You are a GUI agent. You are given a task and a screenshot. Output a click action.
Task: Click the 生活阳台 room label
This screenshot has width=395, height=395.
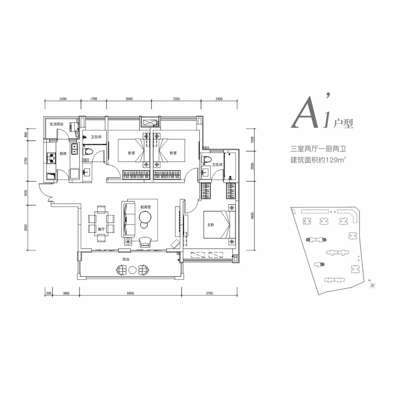(x=56, y=124)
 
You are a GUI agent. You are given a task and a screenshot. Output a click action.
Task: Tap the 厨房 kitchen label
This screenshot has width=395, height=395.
(x=63, y=153)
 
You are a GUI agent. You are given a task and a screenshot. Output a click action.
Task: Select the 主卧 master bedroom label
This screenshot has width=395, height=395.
(x=210, y=225)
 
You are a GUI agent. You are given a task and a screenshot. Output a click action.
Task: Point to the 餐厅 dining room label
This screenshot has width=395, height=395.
(x=101, y=229)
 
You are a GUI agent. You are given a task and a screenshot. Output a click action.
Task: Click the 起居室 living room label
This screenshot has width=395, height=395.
(x=146, y=207)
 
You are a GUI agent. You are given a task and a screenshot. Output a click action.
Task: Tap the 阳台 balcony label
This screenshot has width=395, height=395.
(x=126, y=259)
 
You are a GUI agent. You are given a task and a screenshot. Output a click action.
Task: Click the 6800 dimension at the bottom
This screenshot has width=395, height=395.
(x=130, y=293)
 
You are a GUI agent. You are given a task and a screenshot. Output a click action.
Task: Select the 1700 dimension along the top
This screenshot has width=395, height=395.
(x=93, y=99)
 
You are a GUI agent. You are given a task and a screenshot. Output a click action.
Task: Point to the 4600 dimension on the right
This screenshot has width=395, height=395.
(x=252, y=216)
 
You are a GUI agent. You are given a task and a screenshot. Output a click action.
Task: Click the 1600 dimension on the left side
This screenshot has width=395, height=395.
(x=26, y=193)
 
